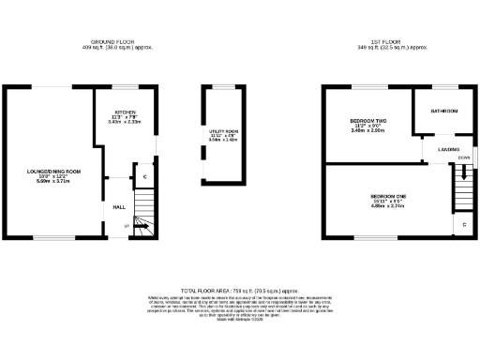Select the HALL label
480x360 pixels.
click(119, 206)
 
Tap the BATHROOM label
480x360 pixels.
click(443, 111)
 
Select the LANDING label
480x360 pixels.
click(448, 149)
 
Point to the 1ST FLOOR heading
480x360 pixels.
click(374, 42)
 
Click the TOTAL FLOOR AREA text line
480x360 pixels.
click(240, 292)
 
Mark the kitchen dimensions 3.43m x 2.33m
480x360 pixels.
click(124, 122)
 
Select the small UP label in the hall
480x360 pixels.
click(127, 223)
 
